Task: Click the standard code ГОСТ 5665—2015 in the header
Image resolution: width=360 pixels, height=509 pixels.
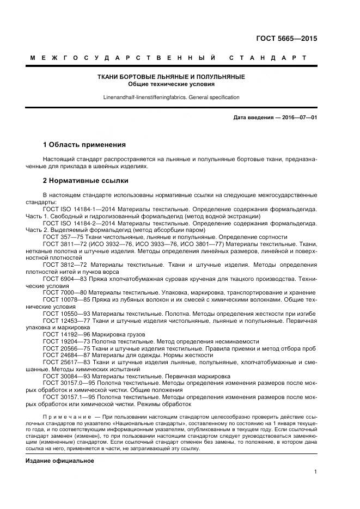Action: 286,39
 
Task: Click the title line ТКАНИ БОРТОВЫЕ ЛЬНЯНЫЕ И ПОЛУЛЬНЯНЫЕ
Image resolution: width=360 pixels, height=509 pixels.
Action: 171,77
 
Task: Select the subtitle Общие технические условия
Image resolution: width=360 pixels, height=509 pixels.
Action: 171,84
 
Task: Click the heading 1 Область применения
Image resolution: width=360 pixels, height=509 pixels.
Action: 84,145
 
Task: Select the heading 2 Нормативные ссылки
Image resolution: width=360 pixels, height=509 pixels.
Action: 86,180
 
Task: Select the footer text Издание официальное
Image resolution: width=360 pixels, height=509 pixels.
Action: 60,461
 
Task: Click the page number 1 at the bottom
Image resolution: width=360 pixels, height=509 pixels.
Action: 315,472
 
